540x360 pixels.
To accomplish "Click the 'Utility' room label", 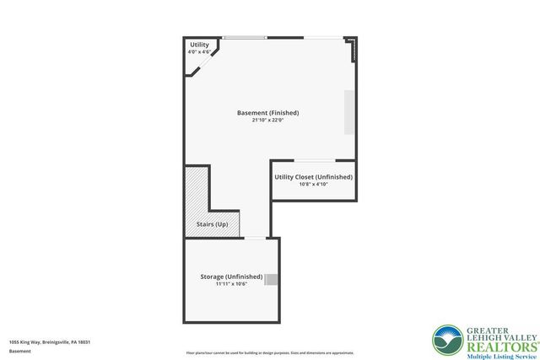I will click(x=199, y=45).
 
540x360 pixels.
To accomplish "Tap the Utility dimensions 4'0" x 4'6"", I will click(x=199, y=52).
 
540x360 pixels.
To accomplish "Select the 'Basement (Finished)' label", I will click(x=268, y=113).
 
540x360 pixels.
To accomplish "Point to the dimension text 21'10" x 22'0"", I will click(x=268, y=121).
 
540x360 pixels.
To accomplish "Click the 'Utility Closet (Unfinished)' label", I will click(x=313, y=177).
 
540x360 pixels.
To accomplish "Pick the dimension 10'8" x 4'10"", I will click(x=313, y=185).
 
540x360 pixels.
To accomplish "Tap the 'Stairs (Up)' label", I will click(x=212, y=224).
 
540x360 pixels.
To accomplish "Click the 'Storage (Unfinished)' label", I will click(x=231, y=277).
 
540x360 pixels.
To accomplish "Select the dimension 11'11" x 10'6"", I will click(x=231, y=284).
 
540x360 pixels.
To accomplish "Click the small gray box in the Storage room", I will click(x=271, y=280).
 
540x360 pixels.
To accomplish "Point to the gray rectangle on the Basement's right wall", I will click(x=348, y=111).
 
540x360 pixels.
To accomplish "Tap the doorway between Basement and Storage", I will click(x=254, y=238).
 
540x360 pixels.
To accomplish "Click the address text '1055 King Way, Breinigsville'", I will click(x=50, y=341).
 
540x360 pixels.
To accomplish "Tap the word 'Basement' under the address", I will click(x=19, y=351).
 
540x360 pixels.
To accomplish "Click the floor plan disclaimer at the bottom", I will click(x=270, y=352).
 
